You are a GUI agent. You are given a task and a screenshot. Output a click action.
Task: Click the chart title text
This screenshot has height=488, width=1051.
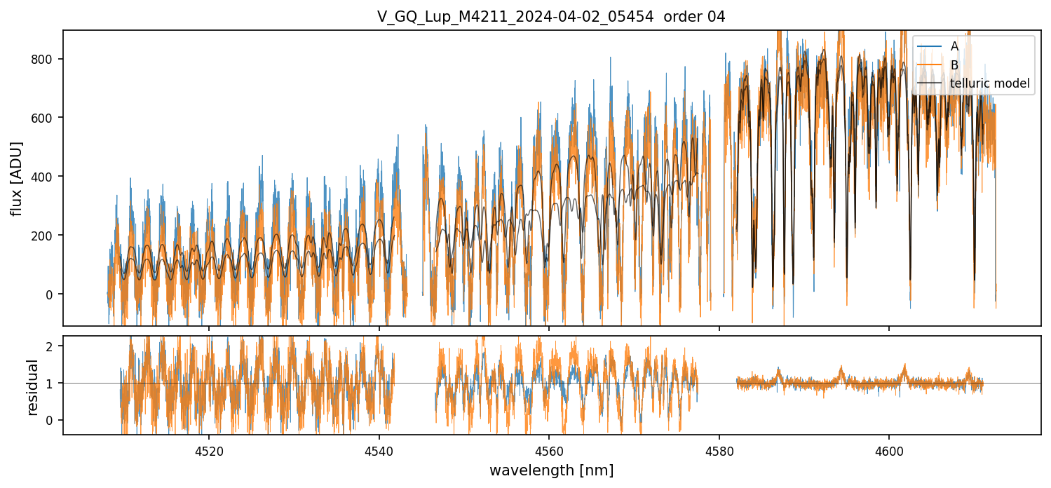(551, 17)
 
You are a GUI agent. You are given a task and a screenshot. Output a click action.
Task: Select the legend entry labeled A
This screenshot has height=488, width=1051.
(954, 46)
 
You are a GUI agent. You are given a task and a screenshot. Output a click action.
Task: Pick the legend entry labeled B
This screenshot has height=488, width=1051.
(954, 65)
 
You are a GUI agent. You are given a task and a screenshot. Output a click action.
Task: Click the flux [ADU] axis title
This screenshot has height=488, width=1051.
(16, 178)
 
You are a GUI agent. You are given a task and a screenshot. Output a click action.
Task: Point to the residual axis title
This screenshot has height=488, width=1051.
(32, 386)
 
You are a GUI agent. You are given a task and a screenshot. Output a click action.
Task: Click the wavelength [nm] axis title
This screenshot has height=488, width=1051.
(551, 470)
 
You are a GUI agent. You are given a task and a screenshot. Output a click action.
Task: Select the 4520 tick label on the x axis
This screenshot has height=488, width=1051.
(209, 452)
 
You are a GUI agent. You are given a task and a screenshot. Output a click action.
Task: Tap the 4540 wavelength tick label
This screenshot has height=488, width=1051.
(379, 452)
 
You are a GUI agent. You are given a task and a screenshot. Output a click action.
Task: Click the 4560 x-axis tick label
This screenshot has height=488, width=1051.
(549, 452)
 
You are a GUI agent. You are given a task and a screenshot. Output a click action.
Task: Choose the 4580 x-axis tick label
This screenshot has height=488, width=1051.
(719, 452)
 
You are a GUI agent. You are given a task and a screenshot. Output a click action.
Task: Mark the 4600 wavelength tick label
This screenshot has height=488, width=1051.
(889, 452)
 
